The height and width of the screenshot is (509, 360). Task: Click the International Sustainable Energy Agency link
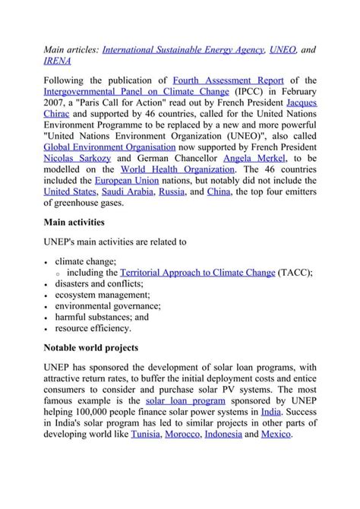[x=183, y=49]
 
